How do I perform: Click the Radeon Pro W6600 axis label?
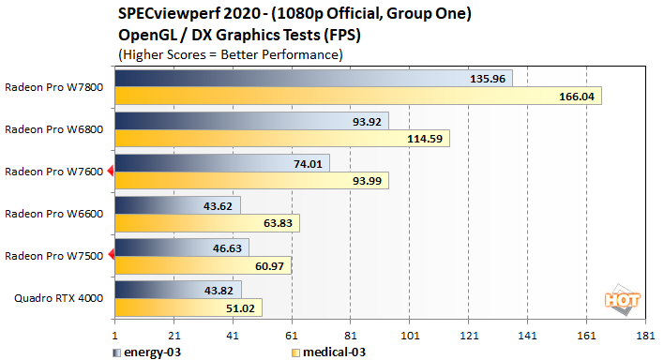tap(55, 213)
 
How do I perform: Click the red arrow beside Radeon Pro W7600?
tap(111, 171)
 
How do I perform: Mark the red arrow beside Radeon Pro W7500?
tap(111, 255)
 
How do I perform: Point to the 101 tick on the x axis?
tap(409, 335)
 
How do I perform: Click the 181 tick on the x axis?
tap(644, 335)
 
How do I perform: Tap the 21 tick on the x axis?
tap(174, 335)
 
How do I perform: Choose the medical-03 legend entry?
tap(324, 352)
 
